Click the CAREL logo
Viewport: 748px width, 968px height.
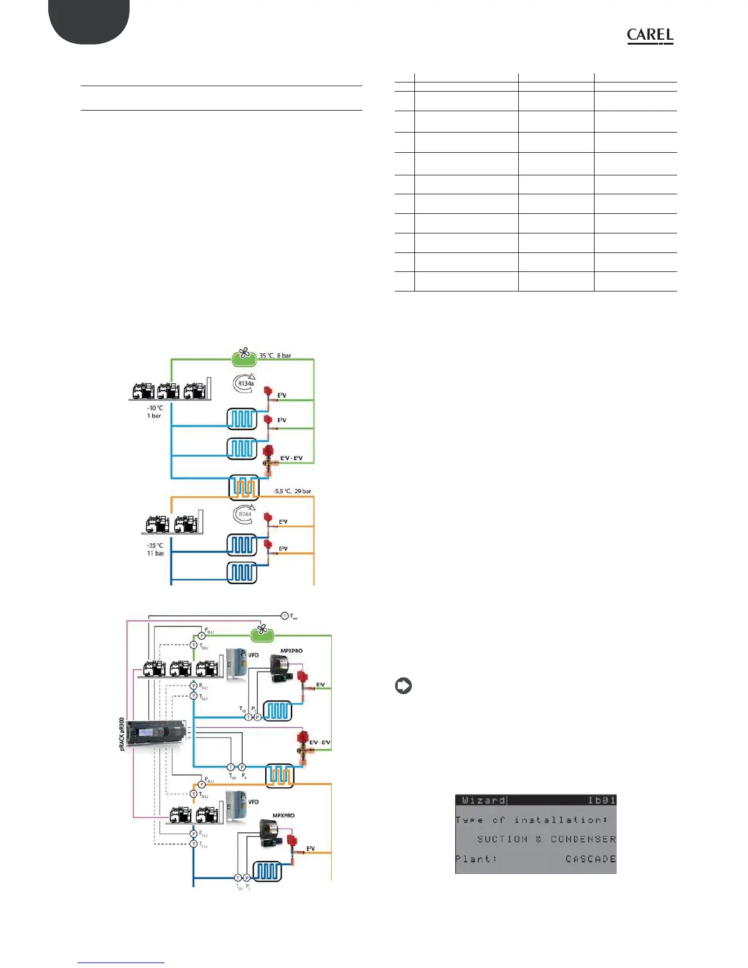(x=650, y=36)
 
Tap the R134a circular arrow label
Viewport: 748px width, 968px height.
(x=245, y=383)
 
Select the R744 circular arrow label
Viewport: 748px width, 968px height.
(x=244, y=515)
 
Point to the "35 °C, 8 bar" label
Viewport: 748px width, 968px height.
(x=275, y=356)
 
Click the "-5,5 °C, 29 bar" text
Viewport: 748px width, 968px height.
(x=292, y=491)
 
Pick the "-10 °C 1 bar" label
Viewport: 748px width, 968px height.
(x=155, y=411)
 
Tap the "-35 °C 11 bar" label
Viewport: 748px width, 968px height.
(x=155, y=549)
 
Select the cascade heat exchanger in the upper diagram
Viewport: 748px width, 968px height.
(x=244, y=487)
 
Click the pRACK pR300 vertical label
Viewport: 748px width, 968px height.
(x=122, y=743)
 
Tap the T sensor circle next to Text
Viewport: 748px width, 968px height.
(x=285, y=615)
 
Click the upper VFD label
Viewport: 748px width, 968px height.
(x=253, y=655)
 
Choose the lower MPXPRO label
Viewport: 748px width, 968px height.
(x=283, y=816)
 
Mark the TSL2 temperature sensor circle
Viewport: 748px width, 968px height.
(x=194, y=844)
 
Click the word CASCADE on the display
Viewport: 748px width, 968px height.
(x=590, y=859)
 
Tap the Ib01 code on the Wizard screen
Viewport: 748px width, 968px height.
(x=601, y=801)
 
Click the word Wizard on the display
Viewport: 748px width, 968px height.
(x=483, y=801)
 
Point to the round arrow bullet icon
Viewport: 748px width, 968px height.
(x=403, y=686)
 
